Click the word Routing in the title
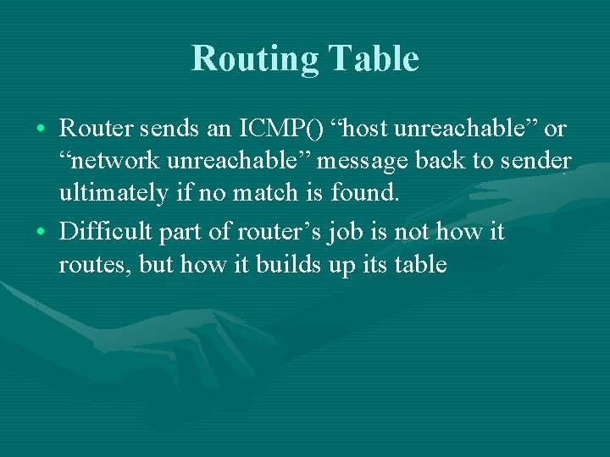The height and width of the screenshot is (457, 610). (254, 59)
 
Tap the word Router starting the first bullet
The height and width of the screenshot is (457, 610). (93, 129)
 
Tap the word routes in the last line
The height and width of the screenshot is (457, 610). (87, 265)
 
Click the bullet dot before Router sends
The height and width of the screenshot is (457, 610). (42, 130)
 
